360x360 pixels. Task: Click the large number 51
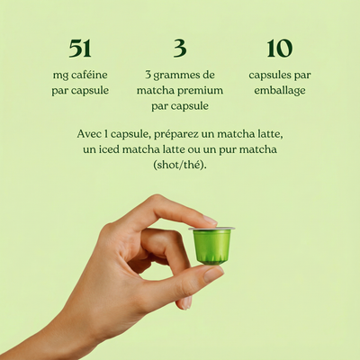click(x=79, y=49)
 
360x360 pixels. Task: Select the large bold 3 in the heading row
click(x=180, y=49)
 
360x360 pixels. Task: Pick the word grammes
click(x=184, y=75)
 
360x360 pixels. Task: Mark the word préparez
click(x=192, y=133)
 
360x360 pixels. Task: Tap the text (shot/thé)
click(x=180, y=166)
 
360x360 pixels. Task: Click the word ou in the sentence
click(x=202, y=149)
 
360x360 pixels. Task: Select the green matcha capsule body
click(x=212, y=247)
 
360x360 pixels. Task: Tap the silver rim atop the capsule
click(x=212, y=229)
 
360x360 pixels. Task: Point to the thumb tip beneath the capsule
click(x=214, y=274)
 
